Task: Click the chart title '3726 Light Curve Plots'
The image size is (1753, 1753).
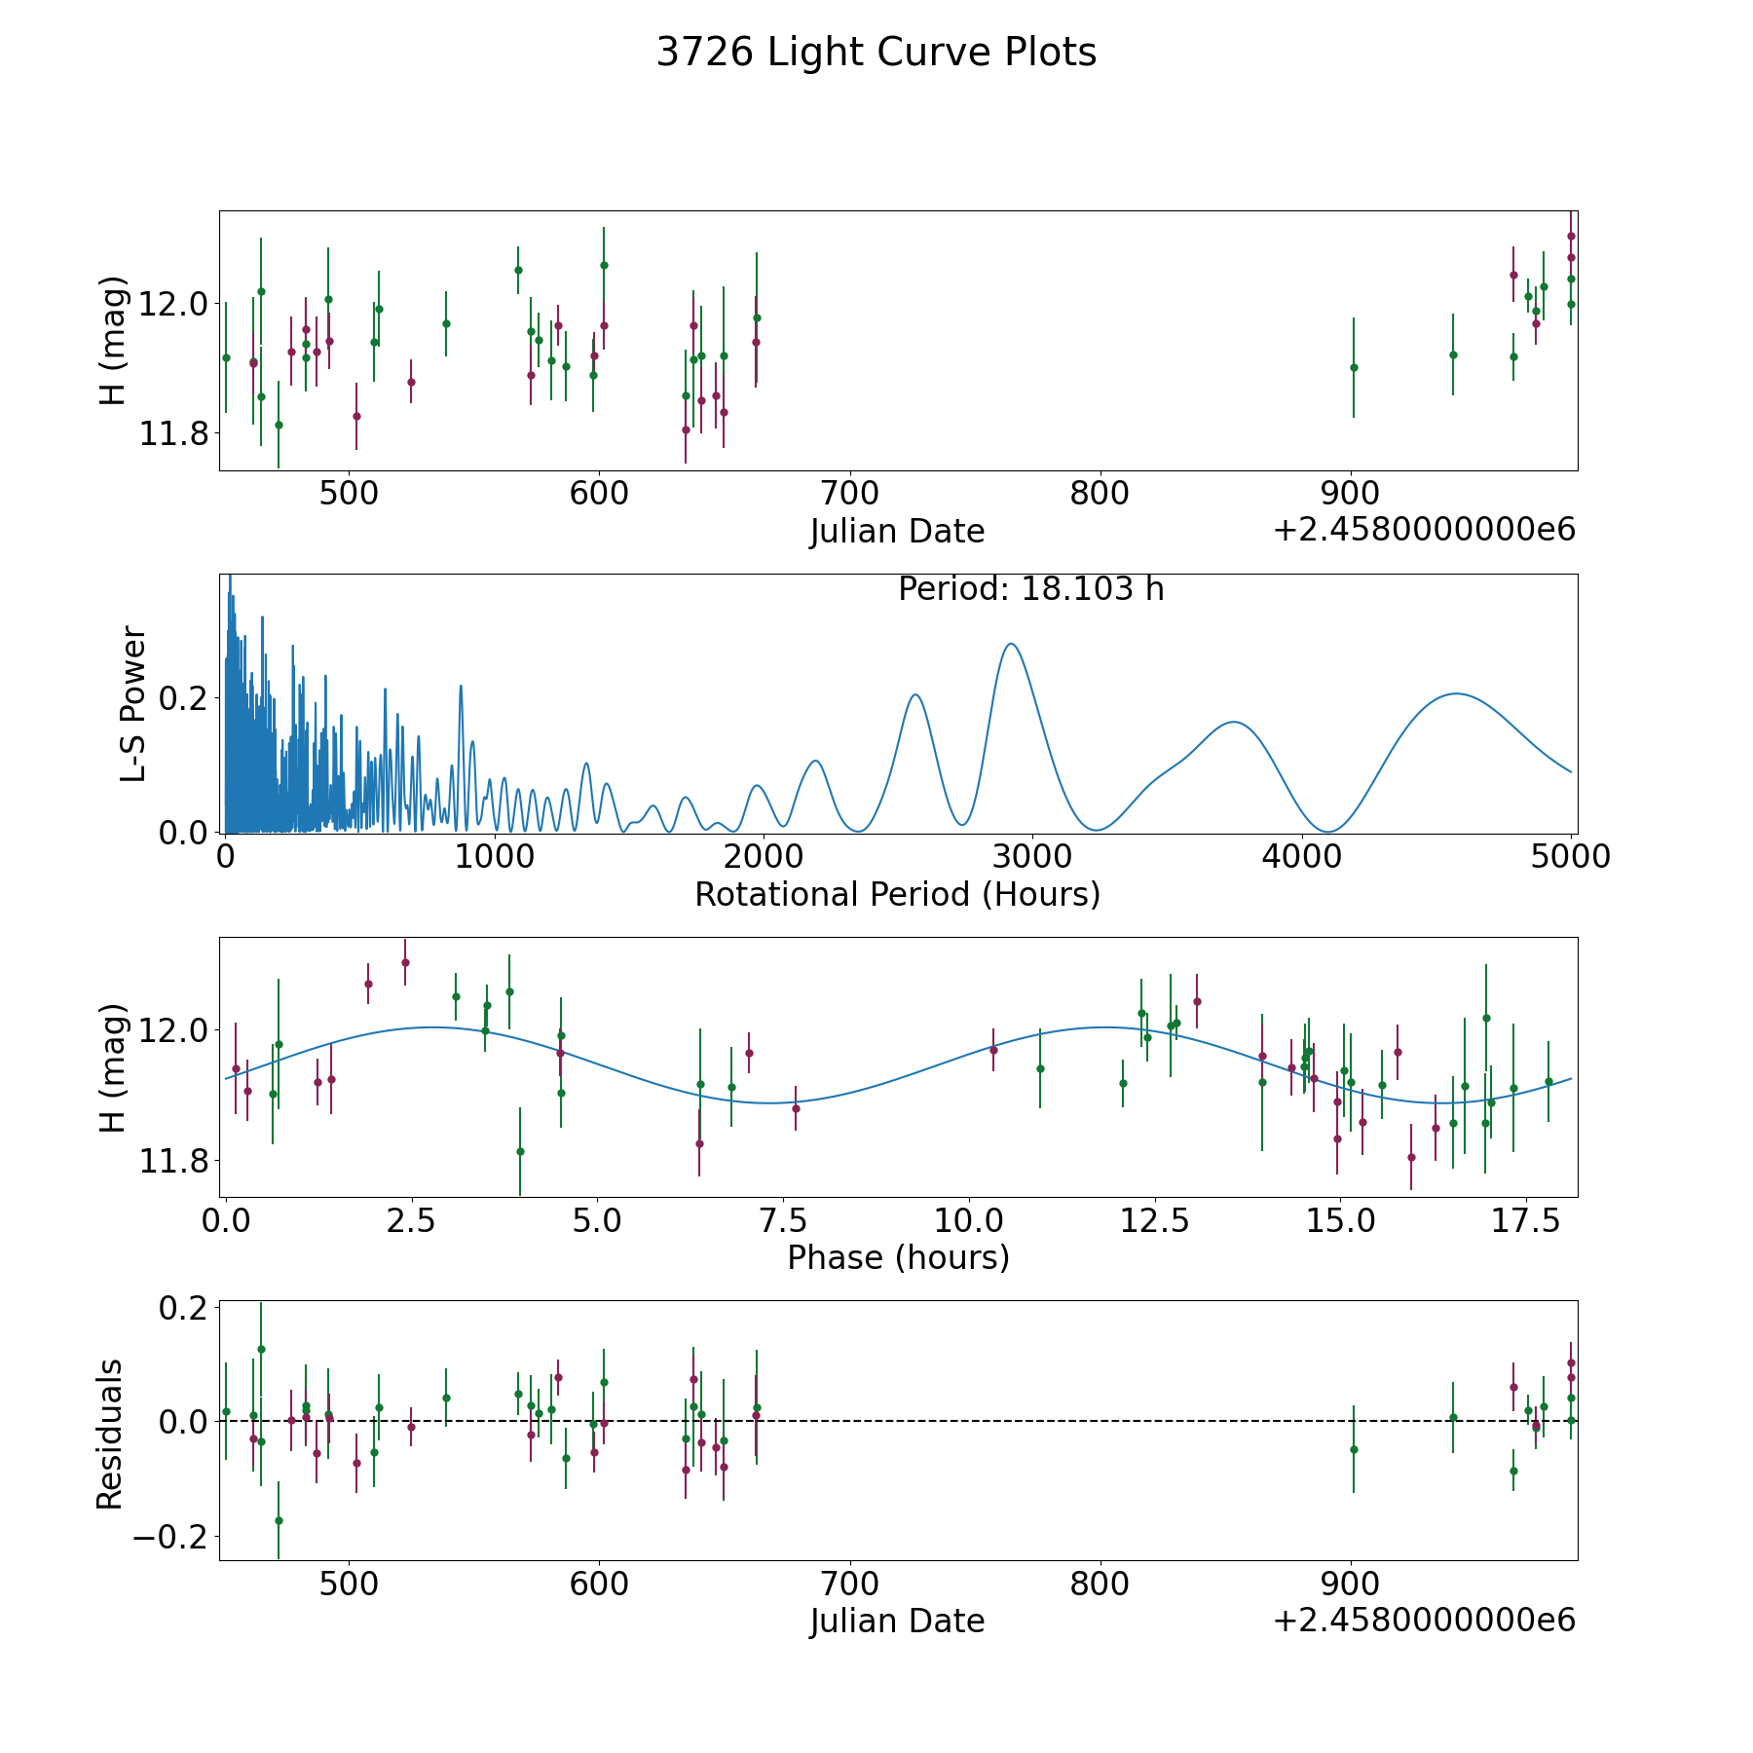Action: coord(876,53)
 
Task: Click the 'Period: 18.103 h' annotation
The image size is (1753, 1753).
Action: coord(1030,589)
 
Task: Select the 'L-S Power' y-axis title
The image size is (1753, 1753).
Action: coord(133,704)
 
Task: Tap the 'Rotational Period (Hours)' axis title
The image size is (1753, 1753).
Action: coord(897,894)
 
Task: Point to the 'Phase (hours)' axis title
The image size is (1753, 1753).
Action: coord(898,1257)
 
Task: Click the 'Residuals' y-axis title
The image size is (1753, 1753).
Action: coord(110,1434)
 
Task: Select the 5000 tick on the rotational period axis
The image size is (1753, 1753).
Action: coord(1571,857)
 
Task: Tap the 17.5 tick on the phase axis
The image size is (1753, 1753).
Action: coord(1526,1220)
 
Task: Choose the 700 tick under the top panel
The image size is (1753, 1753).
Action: coord(849,493)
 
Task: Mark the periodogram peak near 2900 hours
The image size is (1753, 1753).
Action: coord(1011,644)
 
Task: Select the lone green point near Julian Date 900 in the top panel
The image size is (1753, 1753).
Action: coord(1354,367)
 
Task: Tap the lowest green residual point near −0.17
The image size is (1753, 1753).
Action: coord(279,1520)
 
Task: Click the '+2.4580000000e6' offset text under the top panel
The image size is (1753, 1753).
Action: coord(1424,531)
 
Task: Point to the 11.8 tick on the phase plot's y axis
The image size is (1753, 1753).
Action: coord(173,1161)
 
